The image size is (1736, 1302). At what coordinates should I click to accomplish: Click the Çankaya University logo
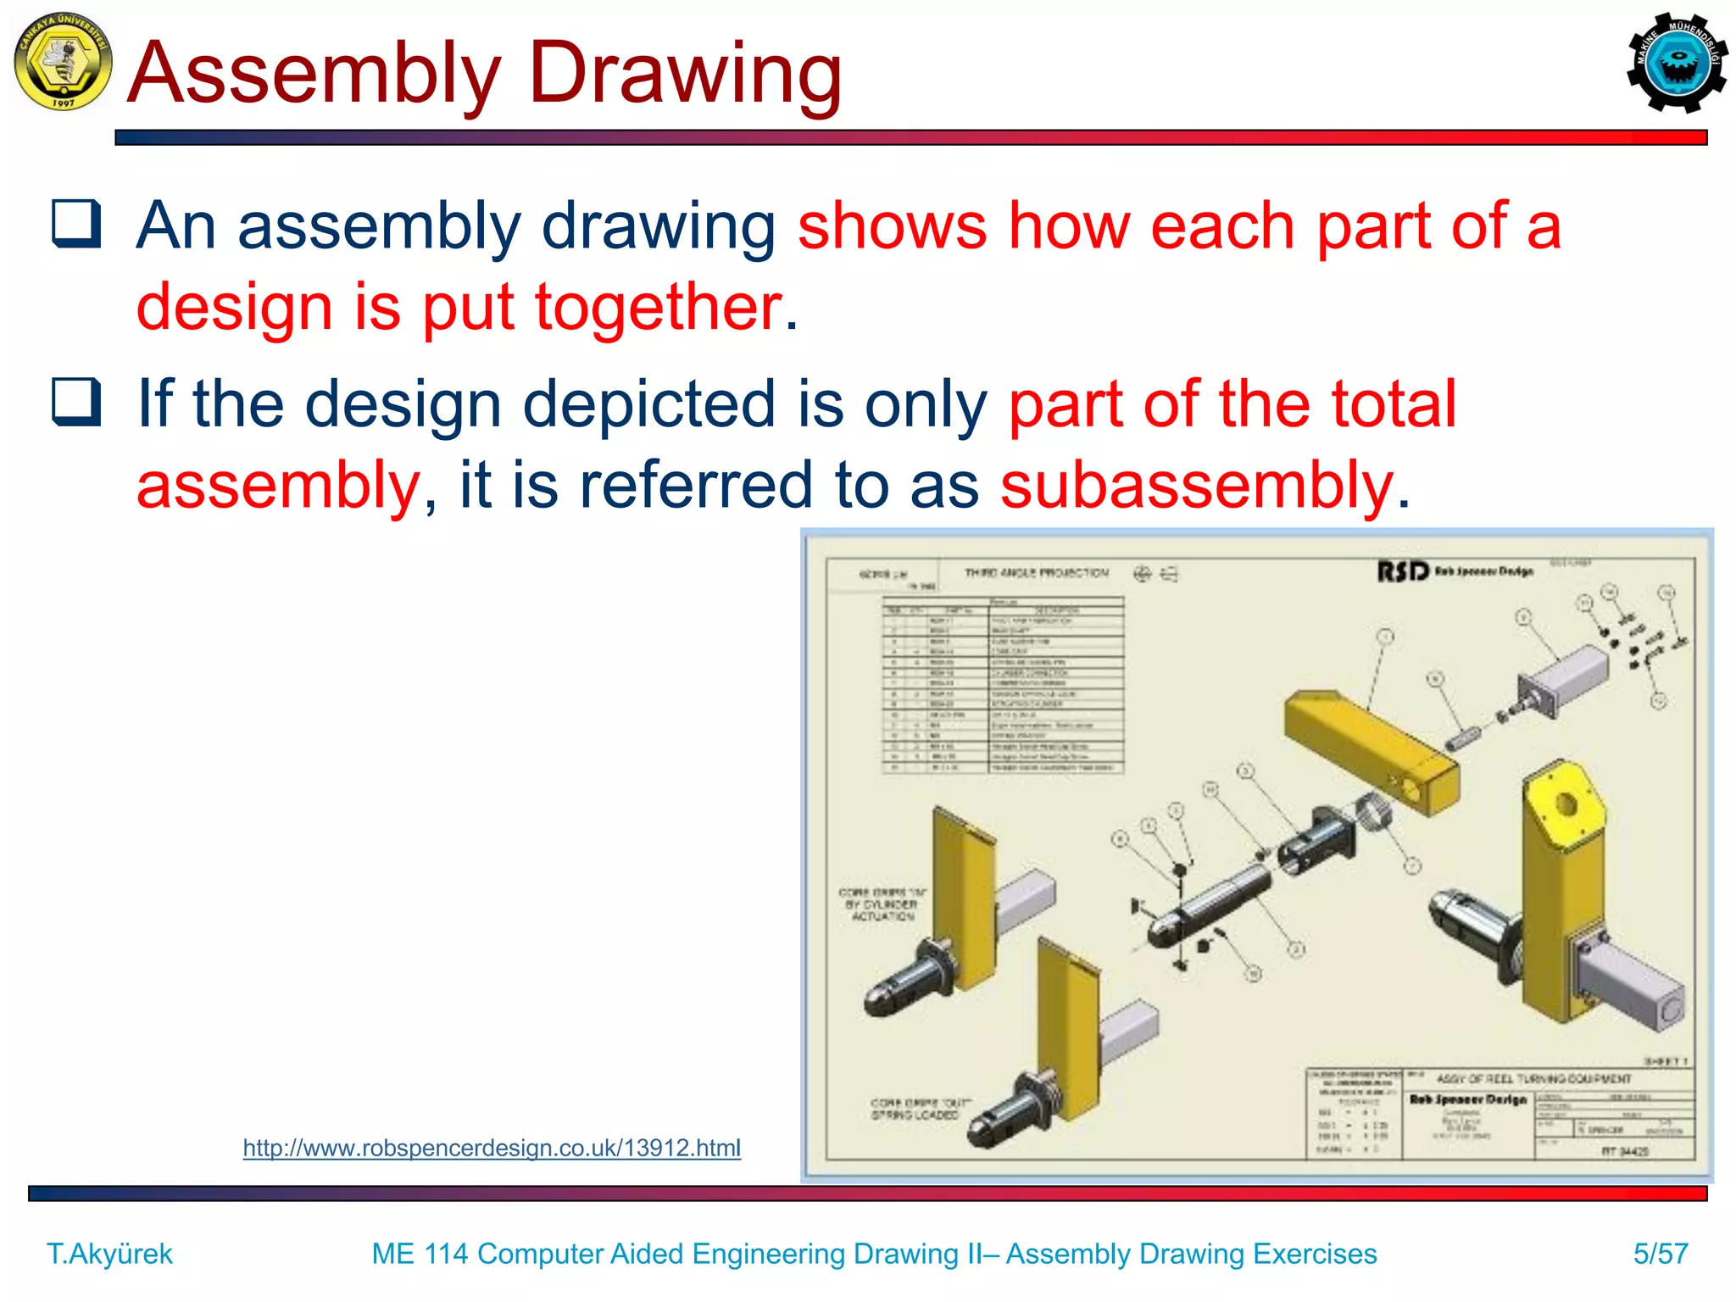point(63,62)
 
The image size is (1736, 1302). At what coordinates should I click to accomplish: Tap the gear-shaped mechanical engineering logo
point(1677,63)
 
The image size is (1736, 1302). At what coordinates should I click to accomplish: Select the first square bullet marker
point(76,224)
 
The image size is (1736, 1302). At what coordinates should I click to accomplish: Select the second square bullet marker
point(76,401)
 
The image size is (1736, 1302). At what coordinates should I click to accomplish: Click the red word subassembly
point(1197,486)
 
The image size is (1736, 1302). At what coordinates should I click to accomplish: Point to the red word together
point(658,306)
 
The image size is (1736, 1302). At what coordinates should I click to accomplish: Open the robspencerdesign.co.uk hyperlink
point(492,1148)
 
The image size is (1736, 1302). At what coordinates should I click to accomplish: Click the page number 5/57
point(1661,1253)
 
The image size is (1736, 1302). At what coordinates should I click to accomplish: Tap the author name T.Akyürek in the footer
point(109,1253)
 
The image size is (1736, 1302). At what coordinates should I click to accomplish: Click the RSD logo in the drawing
point(1403,572)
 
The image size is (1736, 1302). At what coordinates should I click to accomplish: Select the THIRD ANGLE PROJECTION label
point(1036,573)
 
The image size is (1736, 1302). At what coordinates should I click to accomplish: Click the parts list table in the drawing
point(1004,685)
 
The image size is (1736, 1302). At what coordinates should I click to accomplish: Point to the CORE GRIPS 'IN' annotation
point(882,904)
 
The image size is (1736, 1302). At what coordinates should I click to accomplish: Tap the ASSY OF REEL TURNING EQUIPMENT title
point(1533,1079)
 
